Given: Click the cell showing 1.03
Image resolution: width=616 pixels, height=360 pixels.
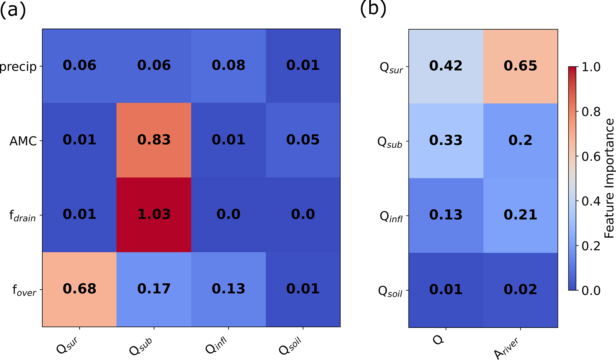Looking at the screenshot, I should tap(154, 215).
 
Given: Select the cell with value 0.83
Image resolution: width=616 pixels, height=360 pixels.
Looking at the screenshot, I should tap(154, 140).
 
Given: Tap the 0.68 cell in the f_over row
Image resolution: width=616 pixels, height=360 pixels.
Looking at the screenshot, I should tap(80, 289).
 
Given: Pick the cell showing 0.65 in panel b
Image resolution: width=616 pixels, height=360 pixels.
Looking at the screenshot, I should tap(520, 66).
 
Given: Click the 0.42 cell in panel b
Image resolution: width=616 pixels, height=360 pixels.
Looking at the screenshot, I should tap(446, 66).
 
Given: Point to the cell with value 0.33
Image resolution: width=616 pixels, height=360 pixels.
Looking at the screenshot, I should tap(446, 141).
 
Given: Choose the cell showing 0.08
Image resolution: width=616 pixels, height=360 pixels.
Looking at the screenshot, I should tap(229, 66).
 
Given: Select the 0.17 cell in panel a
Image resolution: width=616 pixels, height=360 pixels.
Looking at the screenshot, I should tap(154, 289).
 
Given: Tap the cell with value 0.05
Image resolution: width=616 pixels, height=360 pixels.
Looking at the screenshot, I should tap(303, 140).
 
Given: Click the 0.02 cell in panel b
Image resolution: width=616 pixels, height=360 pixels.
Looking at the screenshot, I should tap(520, 290).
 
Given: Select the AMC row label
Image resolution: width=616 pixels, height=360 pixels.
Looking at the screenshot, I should tap(23, 141).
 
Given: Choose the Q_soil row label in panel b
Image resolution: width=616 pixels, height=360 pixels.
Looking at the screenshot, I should tap(390, 291).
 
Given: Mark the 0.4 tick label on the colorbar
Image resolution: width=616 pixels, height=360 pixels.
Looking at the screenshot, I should tap(591, 201).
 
